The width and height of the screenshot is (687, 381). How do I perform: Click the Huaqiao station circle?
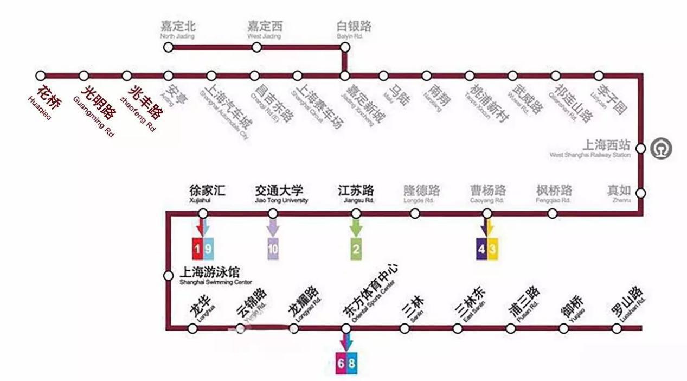pos(41,76)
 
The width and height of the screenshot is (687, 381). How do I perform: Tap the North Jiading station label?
pos(177,29)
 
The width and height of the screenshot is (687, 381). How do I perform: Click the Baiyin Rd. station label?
pos(354,29)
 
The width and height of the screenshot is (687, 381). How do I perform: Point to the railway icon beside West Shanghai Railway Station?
pos(661,148)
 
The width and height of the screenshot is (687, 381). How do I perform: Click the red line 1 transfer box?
pos(198,249)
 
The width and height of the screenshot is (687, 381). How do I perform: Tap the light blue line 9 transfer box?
pos(209,249)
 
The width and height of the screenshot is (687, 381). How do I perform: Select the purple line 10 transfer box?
pos(273,249)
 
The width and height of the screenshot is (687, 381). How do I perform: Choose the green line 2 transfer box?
pos(356,249)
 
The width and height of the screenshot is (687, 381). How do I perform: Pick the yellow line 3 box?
pos(492,249)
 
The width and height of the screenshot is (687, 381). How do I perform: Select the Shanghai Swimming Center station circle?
pos(169,276)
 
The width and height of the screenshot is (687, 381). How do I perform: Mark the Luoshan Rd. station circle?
pos(617,328)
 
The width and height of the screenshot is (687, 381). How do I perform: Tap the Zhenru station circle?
pos(640,193)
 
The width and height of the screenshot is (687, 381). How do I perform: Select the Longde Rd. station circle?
pos(415,213)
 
